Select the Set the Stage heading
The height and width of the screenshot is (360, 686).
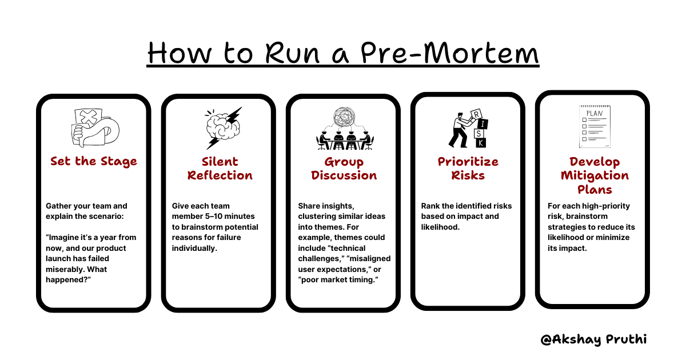pyautogui.click(x=94, y=161)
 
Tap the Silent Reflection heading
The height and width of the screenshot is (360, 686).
pyautogui.click(x=220, y=168)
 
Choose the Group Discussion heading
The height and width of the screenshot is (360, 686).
pyautogui.click(x=344, y=168)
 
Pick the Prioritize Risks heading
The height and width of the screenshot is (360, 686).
pyautogui.click(x=468, y=168)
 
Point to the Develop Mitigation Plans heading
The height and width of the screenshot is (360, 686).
pyautogui.click(x=595, y=175)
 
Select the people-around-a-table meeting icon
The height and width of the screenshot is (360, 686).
pyautogui.click(x=344, y=129)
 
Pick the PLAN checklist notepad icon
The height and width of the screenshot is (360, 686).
pyautogui.click(x=593, y=126)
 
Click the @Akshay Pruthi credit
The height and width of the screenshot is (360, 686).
pyautogui.click(x=593, y=339)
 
